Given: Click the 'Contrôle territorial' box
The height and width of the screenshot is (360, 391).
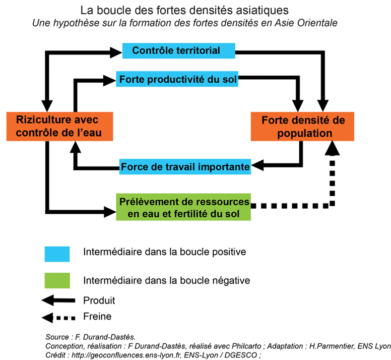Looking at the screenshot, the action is click(178, 50).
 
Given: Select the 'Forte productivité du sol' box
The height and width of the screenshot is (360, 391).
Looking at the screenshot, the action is click(177, 79).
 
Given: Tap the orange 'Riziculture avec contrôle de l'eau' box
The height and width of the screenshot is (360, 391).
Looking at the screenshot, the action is click(59, 127).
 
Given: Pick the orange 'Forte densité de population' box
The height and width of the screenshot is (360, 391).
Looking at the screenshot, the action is click(302, 127).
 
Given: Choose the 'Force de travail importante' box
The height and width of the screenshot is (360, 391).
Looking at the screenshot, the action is click(185, 167).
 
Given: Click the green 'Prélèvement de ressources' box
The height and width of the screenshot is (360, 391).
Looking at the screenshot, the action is click(183, 207).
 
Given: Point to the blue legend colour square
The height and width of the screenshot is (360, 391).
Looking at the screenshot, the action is click(57, 254).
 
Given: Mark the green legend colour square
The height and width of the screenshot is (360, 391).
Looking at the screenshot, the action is click(57, 281).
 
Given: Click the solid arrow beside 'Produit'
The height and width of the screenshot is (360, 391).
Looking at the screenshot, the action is click(58, 301).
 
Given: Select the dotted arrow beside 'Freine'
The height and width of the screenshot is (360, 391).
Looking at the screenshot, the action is click(58, 318).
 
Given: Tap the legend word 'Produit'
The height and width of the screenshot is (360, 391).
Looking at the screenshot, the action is click(99, 301).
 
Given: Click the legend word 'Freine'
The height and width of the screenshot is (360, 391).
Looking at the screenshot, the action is click(97, 317).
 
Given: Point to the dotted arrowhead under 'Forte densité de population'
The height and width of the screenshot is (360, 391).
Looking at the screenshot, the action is click(332, 148).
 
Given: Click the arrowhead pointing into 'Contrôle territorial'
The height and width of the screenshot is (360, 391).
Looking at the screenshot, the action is click(116, 52).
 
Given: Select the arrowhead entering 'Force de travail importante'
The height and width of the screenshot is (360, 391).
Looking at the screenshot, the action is click(257, 165).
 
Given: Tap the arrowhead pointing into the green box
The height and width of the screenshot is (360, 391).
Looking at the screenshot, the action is click(110, 212).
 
